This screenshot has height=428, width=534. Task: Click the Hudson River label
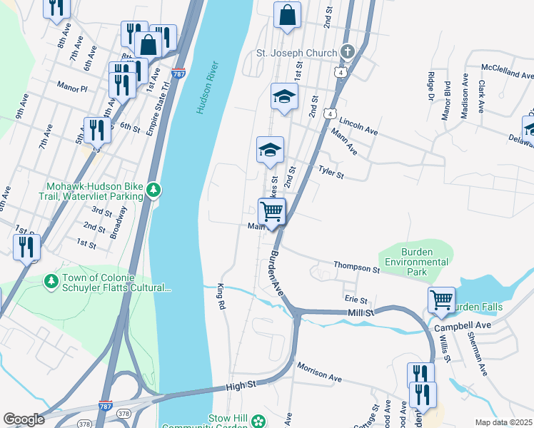coord(208,88)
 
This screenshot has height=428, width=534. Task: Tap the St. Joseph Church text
coord(296,52)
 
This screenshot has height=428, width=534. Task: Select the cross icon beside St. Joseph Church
coord(347,52)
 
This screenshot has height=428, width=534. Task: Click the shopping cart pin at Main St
coord(271,212)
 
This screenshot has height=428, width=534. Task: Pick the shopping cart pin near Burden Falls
coord(442,300)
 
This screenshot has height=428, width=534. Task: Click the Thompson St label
coord(356,267)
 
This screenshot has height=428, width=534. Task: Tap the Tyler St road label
coord(331,172)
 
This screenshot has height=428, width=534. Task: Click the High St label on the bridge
coord(241,384)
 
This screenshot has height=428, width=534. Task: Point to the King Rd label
coord(221,297)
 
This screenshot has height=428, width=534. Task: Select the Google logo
coord(24,419)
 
